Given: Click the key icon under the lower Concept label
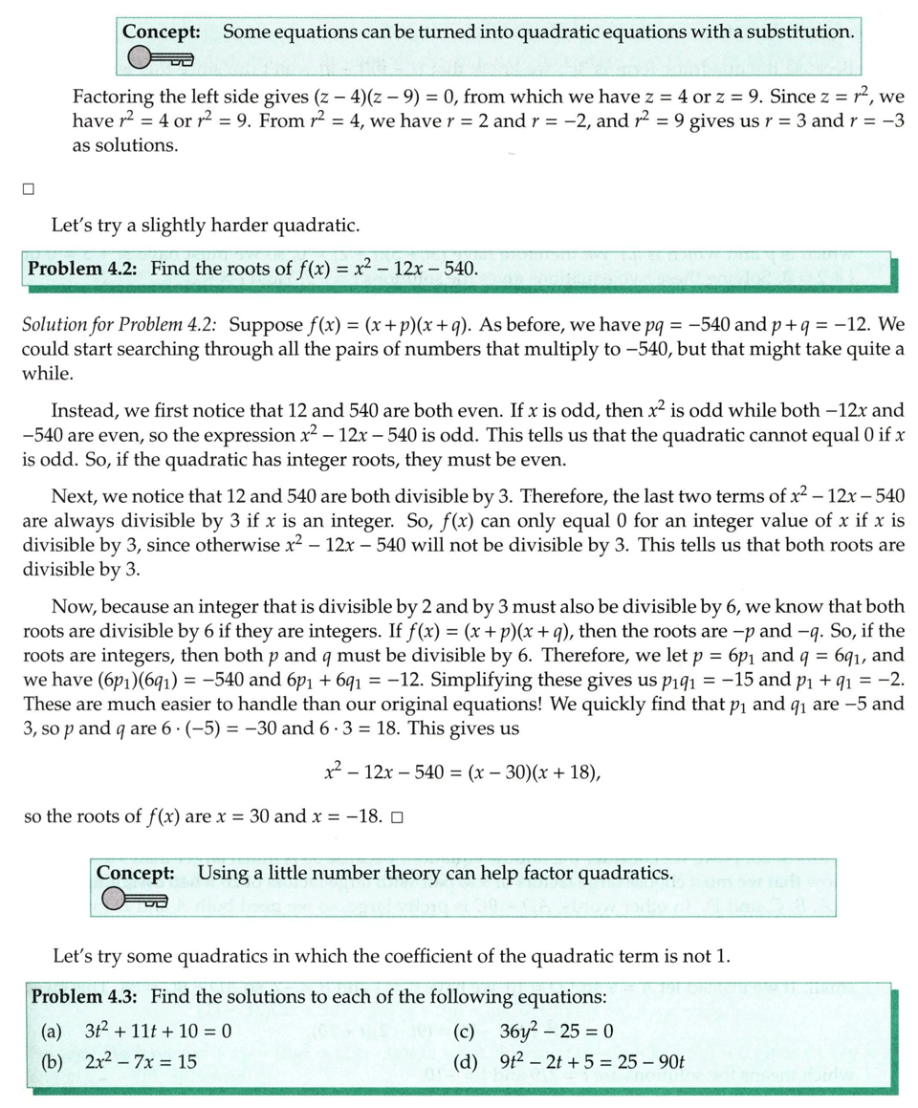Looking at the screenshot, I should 135,900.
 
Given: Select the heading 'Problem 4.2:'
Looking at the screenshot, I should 83,269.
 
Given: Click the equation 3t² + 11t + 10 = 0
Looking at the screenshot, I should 159,1032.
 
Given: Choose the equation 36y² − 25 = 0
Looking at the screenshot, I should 556,1032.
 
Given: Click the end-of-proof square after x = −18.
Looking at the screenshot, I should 397,818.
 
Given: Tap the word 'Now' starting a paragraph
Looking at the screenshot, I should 72,607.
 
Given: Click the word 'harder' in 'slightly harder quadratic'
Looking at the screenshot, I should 235,227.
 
